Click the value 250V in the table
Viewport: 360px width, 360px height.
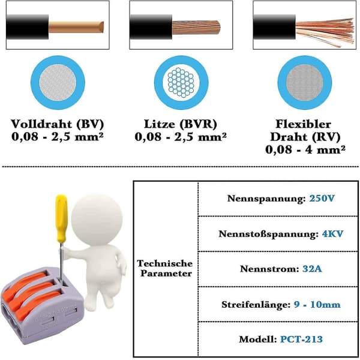click(x=322, y=198)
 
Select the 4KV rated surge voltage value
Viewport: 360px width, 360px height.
click(x=332, y=234)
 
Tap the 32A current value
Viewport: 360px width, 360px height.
click(x=312, y=269)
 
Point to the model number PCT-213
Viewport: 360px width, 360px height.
click(x=301, y=339)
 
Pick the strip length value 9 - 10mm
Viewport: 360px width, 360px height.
click(x=317, y=304)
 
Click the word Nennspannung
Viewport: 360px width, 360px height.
click(x=266, y=199)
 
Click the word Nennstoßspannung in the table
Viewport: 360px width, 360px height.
click(x=269, y=234)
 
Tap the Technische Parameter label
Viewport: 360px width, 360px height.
click(x=165, y=268)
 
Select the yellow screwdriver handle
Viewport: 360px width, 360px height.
click(x=62, y=218)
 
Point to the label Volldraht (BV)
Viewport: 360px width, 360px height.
click(x=58, y=124)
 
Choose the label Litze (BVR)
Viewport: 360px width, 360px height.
click(x=181, y=124)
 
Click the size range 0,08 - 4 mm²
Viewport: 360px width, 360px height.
click(x=305, y=149)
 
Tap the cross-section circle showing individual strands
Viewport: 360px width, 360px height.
click(x=181, y=83)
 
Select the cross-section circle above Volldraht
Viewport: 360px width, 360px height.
click(x=58, y=83)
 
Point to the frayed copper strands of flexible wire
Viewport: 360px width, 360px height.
click(x=325, y=32)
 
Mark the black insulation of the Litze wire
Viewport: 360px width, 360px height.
click(x=151, y=27)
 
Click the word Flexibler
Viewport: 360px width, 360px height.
click(x=303, y=124)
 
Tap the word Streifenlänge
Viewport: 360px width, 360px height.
click(x=256, y=305)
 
